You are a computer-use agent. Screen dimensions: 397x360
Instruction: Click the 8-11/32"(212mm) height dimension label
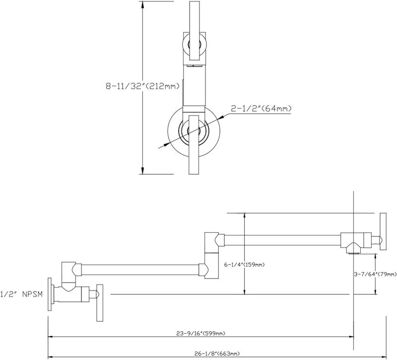pos(142,86)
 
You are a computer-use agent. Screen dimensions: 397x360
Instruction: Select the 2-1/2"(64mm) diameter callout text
pos(261,109)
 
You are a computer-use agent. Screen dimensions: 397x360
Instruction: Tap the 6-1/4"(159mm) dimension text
pos(244,265)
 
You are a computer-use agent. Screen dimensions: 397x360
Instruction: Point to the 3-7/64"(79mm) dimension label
pos(375,274)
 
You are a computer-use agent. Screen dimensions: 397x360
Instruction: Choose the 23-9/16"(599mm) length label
pos(200,333)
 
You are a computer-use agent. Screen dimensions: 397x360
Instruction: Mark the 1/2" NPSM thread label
pos(21,294)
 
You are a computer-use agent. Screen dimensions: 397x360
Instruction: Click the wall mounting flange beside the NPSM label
pos(50,294)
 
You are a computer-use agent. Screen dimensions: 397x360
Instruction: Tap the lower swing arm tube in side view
pos(140,270)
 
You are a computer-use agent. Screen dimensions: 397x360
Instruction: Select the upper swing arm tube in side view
pos(282,240)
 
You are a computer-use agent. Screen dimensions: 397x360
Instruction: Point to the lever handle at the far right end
pos(383,231)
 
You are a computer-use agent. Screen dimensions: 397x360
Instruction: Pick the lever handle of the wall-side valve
pos(100,303)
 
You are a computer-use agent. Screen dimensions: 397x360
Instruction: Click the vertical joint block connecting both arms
pos(211,255)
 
